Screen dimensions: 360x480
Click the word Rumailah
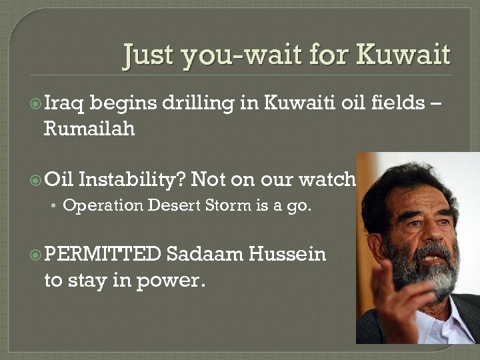[89, 128]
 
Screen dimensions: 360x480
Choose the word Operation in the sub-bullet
[103, 205]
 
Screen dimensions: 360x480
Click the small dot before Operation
[55, 206]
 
